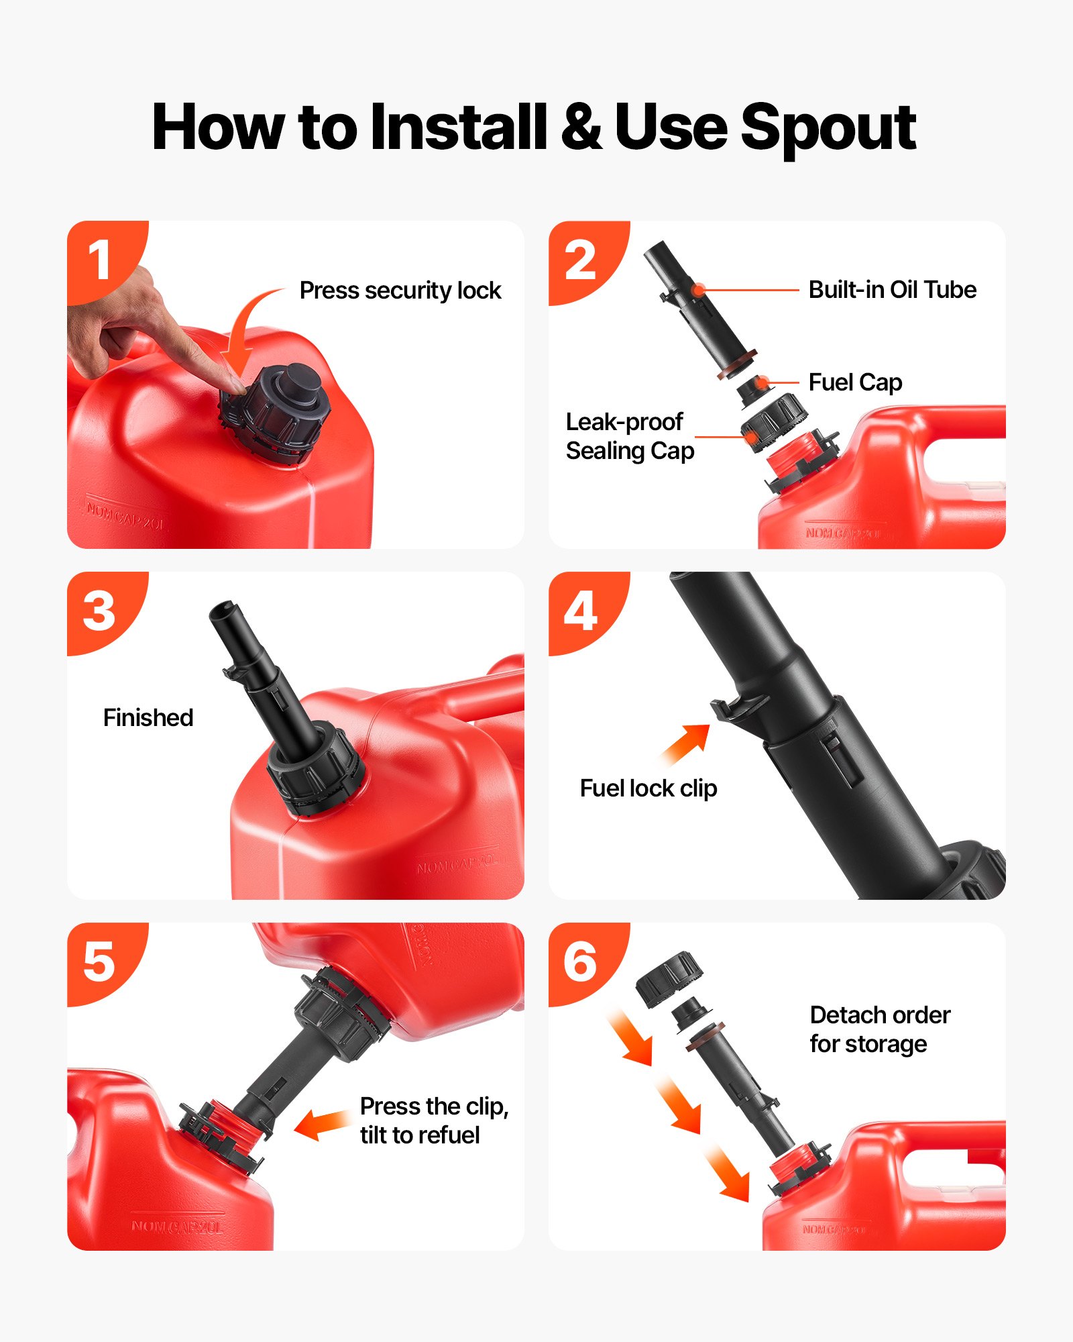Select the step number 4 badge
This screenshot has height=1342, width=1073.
pos(581,611)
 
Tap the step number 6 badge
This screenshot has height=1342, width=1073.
pos(581,962)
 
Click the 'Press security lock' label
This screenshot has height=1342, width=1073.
pos(400,291)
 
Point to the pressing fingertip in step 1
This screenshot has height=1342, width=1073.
pos(237,386)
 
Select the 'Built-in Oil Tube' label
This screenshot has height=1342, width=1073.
pos(892,290)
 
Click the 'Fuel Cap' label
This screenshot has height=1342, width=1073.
pos(855,382)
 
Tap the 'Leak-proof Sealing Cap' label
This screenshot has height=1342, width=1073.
pos(629,436)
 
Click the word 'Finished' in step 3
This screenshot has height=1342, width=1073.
pos(148,718)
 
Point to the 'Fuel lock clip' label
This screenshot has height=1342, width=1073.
pos(648,788)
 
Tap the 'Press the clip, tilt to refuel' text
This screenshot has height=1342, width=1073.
pos(433,1121)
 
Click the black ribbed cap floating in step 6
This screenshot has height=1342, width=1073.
pos(669,978)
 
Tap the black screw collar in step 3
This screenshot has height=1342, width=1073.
pos(315,772)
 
